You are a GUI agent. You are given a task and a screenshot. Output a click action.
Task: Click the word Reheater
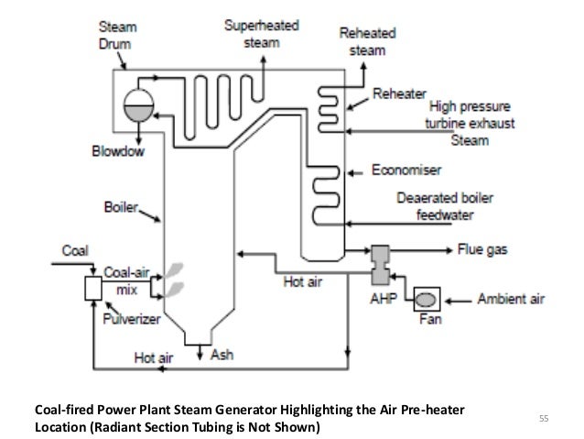(399, 95)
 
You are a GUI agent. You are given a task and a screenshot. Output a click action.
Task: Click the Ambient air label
(511, 299)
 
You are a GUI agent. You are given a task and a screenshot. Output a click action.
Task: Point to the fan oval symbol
(425, 299)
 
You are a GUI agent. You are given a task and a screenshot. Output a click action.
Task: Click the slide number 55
(543, 419)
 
